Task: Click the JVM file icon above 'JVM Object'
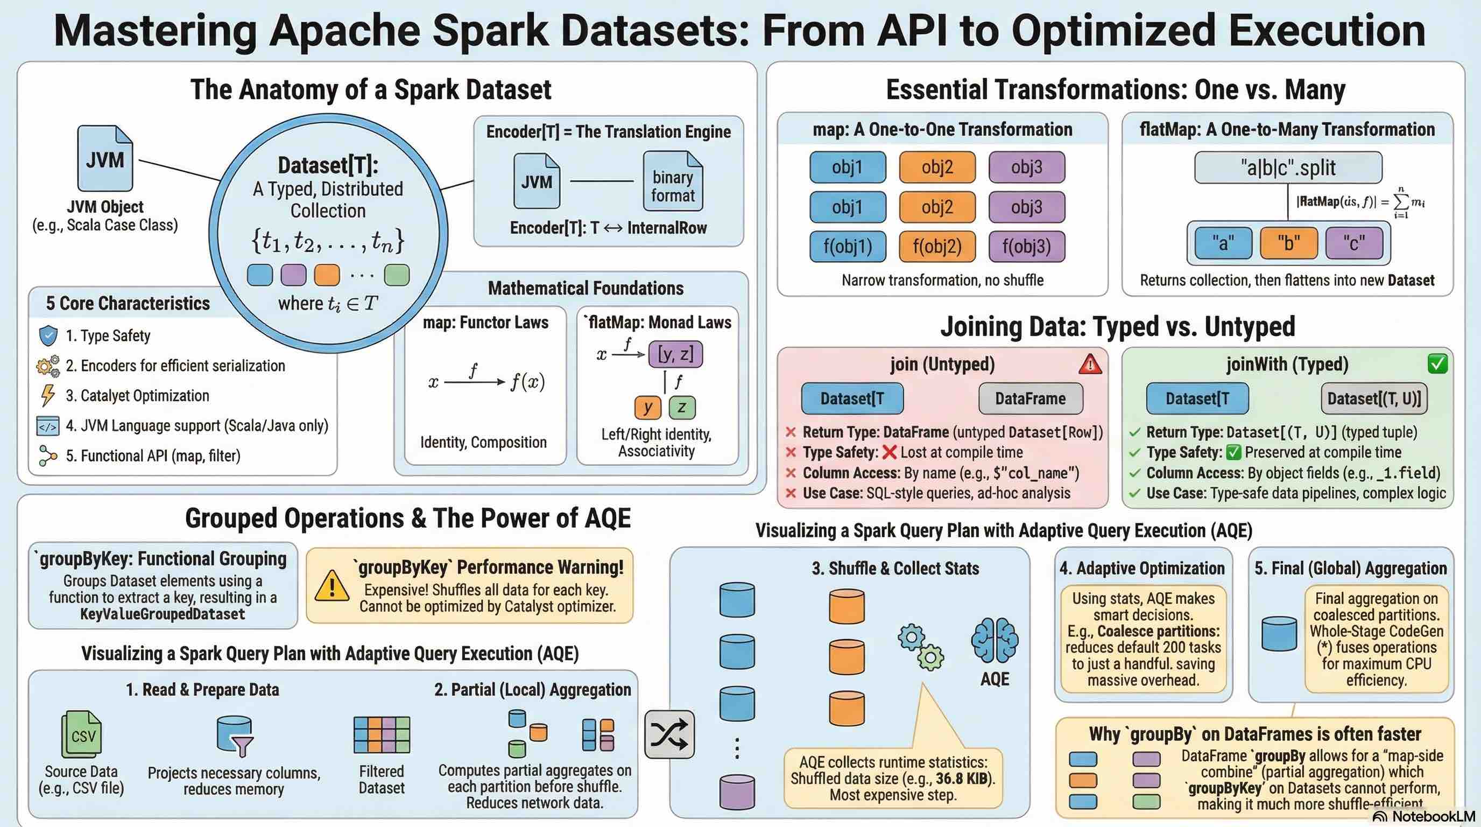[105, 158]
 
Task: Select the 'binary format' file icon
[673, 181]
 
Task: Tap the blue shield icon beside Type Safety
[48, 335]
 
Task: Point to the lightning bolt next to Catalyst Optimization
[48, 395]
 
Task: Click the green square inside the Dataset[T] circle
[397, 275]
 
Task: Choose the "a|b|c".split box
[1288, 167]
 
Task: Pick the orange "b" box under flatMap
[1288, 243]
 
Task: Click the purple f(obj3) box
[1026, 246]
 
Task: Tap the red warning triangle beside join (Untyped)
[1090, 364]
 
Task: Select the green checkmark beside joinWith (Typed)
[1437, 364]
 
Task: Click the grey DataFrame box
[1030, 398]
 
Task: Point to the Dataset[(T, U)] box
[1374, 398]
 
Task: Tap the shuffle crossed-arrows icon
[669, 734]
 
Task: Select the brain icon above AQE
[995, 640]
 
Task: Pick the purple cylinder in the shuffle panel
[737, 792]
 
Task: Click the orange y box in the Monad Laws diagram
[648, 407]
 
